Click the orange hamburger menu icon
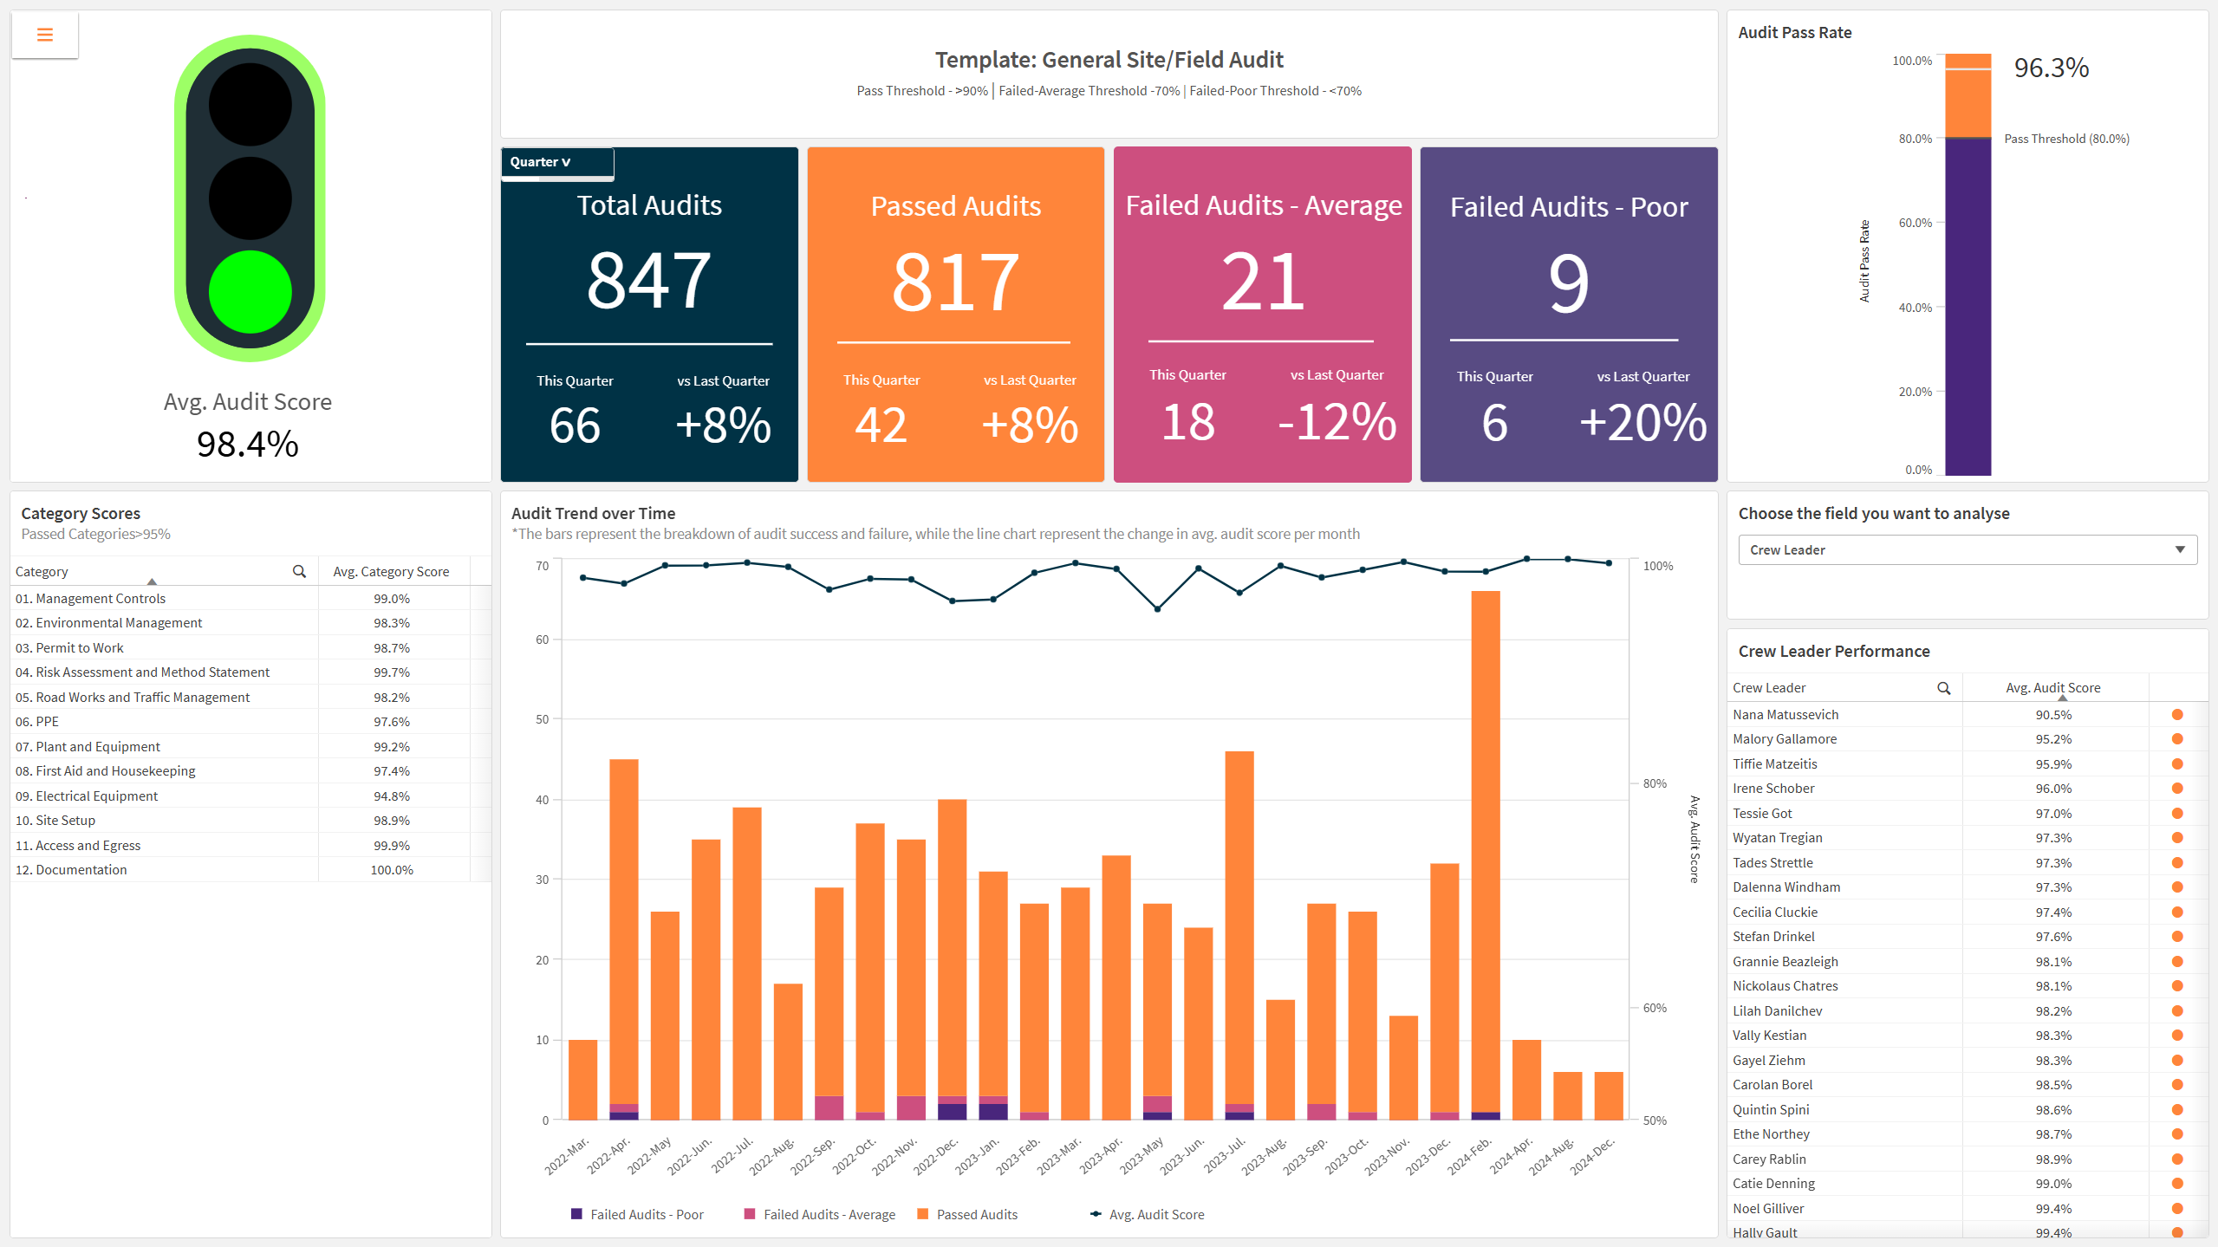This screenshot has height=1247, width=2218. click(x=45, y=35)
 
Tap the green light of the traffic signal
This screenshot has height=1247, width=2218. click(x=250, y=292)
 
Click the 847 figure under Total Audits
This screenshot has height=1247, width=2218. click(x=649, y=281)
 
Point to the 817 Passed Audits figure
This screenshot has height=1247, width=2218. click(x=955, y=283)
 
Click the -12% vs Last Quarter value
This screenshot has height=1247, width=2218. click(x=1337, y=423)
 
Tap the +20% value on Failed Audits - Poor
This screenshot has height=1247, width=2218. click(x=1642, y=423)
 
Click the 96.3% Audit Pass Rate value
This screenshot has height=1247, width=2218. click(x=2051, y=68)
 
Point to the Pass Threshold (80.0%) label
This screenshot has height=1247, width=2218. click(x=2066, y=139)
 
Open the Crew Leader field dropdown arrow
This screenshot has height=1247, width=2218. click(x=2180, y=549)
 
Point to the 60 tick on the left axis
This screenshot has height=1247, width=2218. click(x=543, y=640)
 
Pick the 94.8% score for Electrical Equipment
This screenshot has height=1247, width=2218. click(x=392, y=796)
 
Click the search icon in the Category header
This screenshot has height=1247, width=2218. click(x=299, y=571)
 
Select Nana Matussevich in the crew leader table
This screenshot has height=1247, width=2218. click(x=1785, y=714)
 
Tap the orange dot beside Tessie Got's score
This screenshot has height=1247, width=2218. click(x=2177, y=813)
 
